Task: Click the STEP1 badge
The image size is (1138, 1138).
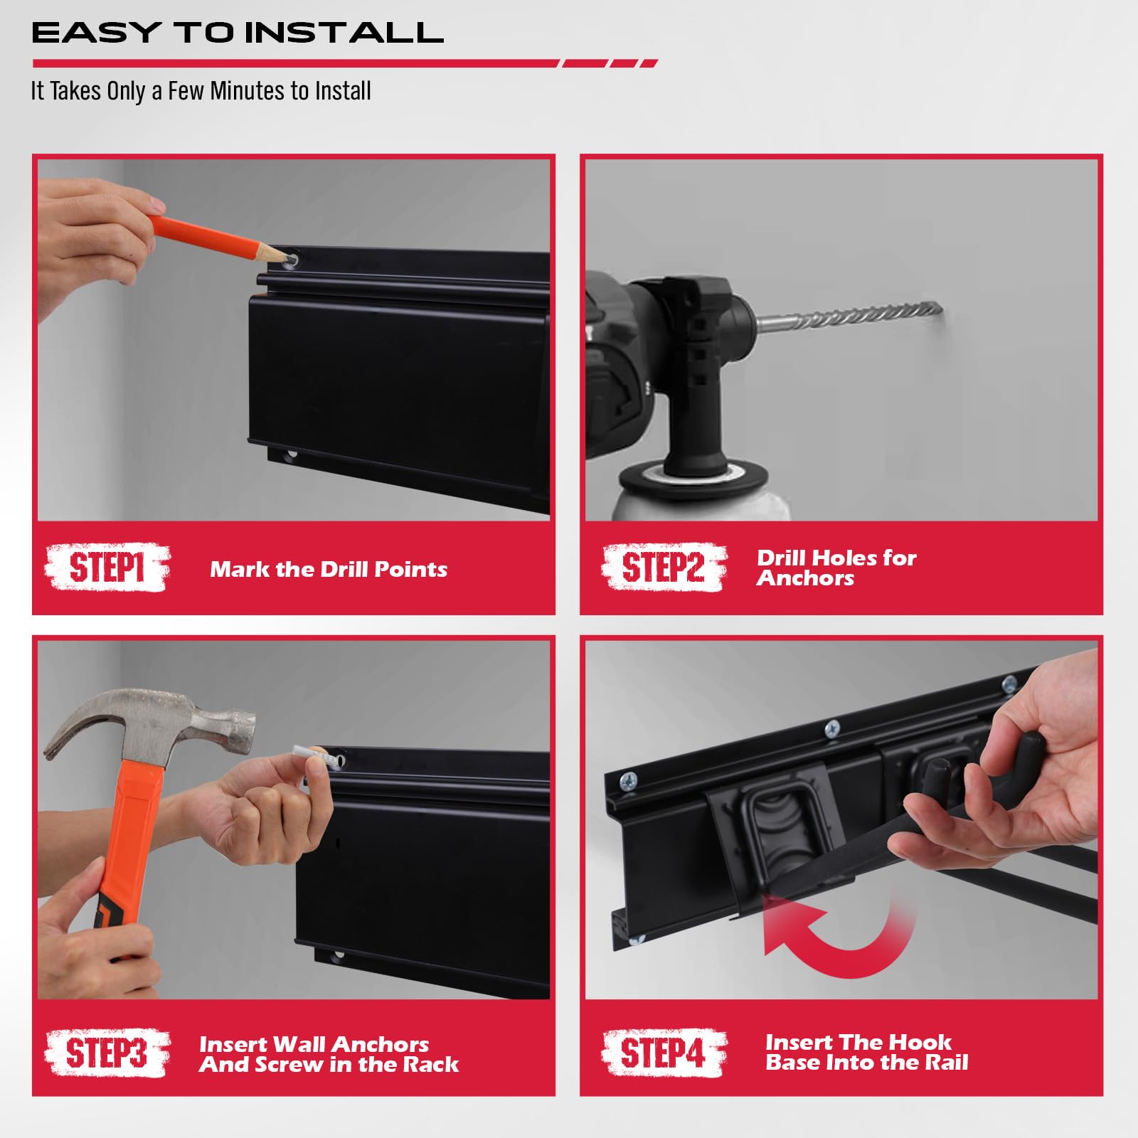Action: [107, 568]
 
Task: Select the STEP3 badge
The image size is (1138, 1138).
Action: [107, 1053]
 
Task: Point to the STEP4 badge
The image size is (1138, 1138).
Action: [664, 1053]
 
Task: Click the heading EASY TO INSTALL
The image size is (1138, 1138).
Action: [238, 33]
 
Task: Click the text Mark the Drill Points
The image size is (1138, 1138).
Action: [329, 569]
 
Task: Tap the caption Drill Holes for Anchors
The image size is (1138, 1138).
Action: [836, 568]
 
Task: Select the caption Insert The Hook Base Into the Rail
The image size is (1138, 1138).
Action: [867, 1053]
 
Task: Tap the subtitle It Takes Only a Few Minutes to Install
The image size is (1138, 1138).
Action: [201, 91]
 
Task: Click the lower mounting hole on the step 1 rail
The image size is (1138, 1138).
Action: [290, 454]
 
